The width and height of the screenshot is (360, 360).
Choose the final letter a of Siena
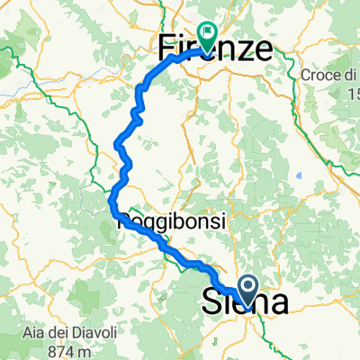coord(278,302)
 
